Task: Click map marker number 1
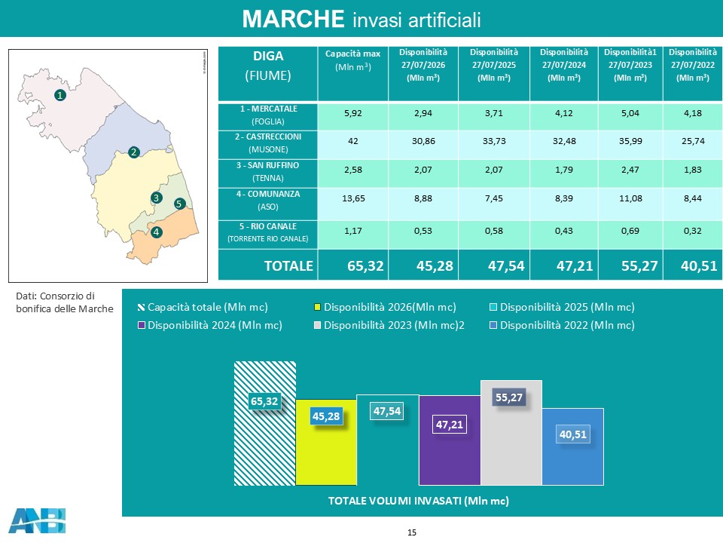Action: [60, 95]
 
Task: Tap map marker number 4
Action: [157, 232]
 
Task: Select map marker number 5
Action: [180, 204]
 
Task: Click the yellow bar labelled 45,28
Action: [326, 442]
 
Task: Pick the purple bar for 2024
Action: [450, 440]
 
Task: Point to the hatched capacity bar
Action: [264, 423]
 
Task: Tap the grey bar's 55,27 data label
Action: [509, 397]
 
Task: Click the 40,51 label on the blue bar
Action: [573, 434]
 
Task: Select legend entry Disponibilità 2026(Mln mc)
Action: [385, 307]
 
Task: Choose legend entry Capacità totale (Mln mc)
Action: [203, 307]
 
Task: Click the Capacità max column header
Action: [352, 60]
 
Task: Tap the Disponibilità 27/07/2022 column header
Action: [693, 65]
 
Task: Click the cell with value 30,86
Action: [423, 141]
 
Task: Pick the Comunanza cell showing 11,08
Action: [630, 198]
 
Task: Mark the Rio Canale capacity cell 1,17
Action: [352, 231]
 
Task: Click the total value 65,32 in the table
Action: [365, 266]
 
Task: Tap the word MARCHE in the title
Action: [293, 20]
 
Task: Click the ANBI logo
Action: [37, 521]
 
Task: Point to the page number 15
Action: [412, 532]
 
